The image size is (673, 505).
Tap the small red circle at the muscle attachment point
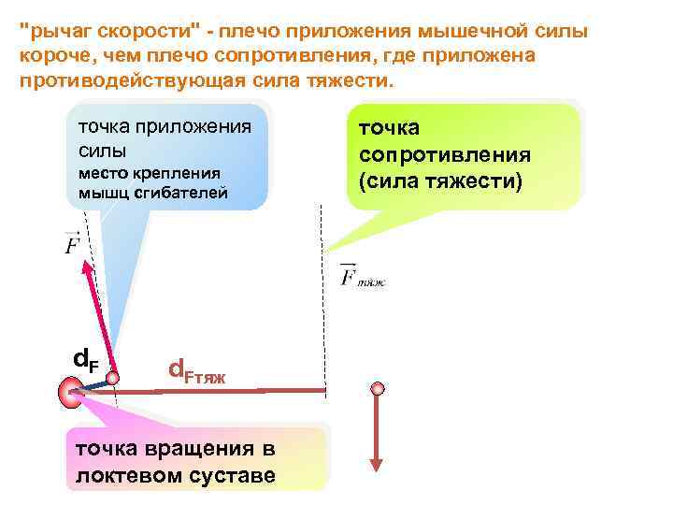point(113,378)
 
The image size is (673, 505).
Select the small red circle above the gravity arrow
point(378,388)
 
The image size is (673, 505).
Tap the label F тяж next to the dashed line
point(362,278)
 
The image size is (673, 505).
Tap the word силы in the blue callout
point(102,151)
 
